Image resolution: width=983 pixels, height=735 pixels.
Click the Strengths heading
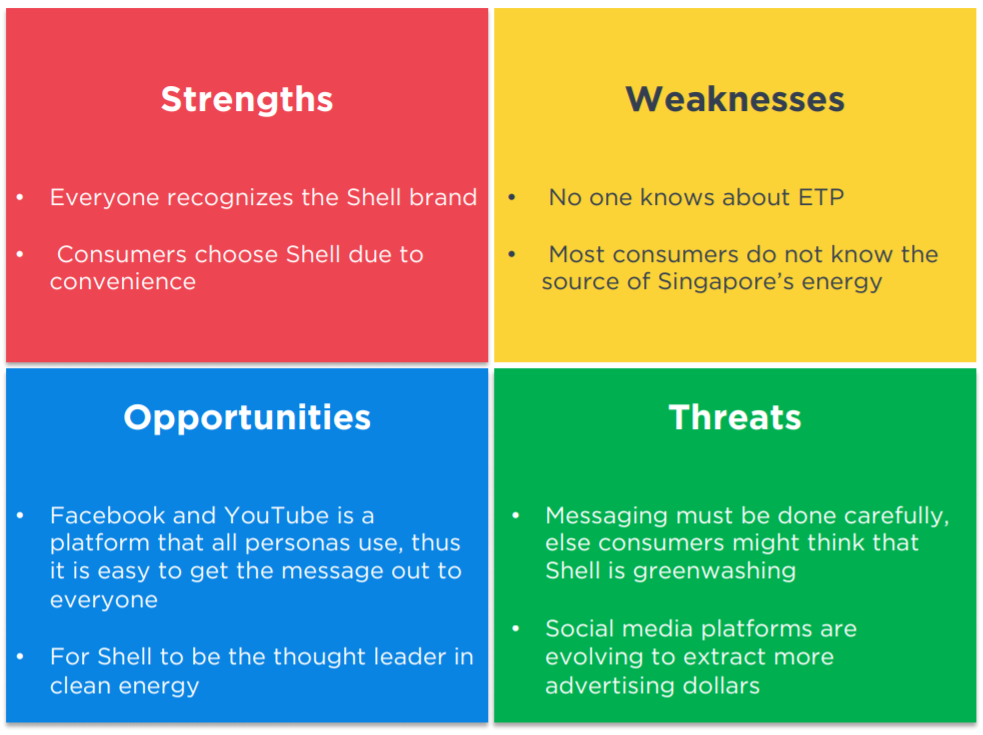(x=246, y=100)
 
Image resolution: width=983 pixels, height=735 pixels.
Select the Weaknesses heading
(x=735, y=99)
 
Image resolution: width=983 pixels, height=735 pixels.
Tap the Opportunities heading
(x=247, y=418)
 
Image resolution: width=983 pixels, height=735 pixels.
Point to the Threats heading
(x=735, y=417)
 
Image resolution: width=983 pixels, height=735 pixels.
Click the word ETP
(x=821, y=198)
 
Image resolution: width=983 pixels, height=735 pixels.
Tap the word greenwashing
(x=714, y=571)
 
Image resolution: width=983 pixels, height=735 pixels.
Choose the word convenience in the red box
(x=123, y=282)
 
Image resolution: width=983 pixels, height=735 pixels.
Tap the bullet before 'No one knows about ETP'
(x=512, y=198)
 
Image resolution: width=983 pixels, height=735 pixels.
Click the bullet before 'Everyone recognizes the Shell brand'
(x=20, y=198)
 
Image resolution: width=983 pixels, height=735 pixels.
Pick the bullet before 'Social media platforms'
(x=516, y=628)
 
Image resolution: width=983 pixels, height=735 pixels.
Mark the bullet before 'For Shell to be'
(x=20, y=657)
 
